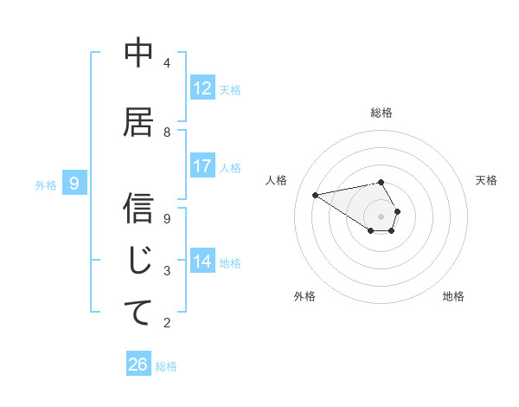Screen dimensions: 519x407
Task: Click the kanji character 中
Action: point(138,54)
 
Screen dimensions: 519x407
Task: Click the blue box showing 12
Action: point(202,88)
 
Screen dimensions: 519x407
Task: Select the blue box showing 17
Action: point(202,167)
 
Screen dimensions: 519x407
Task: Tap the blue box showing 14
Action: point(202,262)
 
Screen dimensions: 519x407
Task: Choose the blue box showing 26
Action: point(138,365)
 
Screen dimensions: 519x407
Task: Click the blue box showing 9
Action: point(75,184)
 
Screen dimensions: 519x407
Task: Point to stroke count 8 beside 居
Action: point(167,132)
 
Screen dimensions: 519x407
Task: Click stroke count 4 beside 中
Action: point(167,62)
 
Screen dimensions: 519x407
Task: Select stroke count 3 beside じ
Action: point(167,270)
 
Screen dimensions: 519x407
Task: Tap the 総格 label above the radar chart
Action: point(381,113)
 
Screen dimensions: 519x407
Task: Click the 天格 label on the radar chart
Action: point(486,180)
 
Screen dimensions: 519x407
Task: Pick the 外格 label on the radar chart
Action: point(304,296)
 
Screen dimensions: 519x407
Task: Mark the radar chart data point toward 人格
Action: point(316,194)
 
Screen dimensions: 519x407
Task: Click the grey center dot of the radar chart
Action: point(381,216)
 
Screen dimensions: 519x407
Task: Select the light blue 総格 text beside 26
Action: point(166,366)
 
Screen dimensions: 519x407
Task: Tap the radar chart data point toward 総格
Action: point(381,182)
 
